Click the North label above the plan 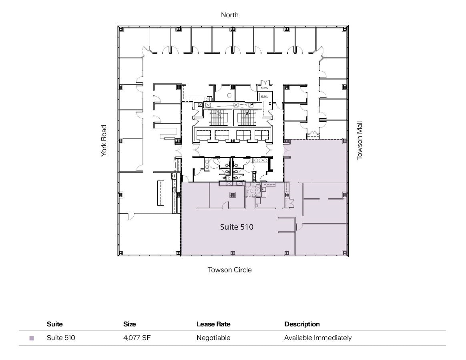pos(230,15)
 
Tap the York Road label pos(104,141)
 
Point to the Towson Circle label pos(230,270)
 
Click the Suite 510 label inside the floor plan pos(237,227)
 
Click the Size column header pos(129,324)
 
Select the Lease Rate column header pos(213,324)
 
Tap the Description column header pos(302,324)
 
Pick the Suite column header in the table pos(55,324)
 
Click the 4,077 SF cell pos(137,338)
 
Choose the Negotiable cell pos(213,338)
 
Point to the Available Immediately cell pos(318,338)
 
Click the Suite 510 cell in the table pos(61,338)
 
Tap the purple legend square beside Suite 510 pos(32,338)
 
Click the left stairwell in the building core pos(218,118)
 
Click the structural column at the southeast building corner pos(344,252)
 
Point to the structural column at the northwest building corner pos(121,29)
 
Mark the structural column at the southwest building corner pos(121,252)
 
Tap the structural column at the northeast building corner pos(344,29)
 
